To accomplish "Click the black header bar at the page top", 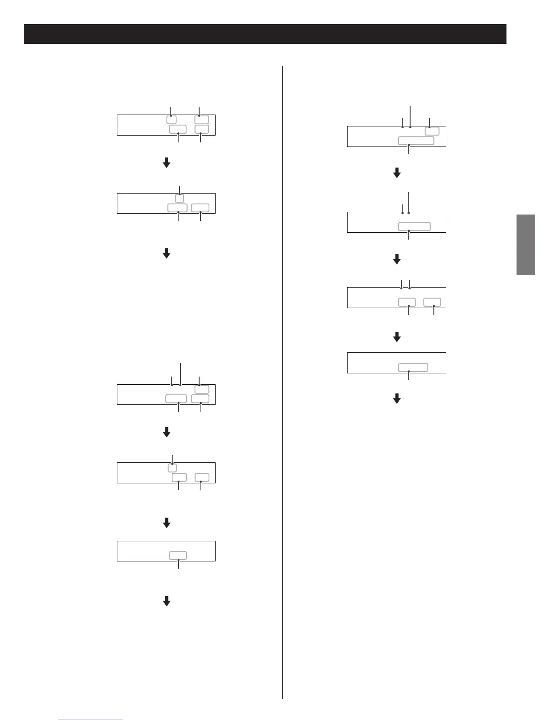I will click(x=265, y=34).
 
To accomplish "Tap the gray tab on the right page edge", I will click(x=526, y=245).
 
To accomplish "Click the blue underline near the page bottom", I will click(x=90, y=719).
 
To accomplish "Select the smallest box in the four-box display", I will click(x=171, y=120).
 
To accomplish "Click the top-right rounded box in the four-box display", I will click(x=201, y=120).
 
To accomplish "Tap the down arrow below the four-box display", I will click(x=167, y=162).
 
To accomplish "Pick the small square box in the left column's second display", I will click(x=179, y=199).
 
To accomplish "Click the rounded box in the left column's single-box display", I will click(x=178, y=555).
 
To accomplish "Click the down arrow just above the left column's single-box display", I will click(x=167, y=523).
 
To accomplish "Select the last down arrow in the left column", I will click(x=167, y=601).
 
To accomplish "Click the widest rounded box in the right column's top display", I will click(x=416, y=141).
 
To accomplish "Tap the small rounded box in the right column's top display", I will click(x=432, y=131).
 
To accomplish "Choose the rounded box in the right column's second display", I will click(x=414, y=226).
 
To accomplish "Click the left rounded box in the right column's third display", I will click(x=407, y=302).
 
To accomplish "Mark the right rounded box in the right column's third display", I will click(x=432, y=302).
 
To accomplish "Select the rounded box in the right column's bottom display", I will click(x=413, y=367).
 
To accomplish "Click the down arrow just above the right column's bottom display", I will click(x=397, y=337).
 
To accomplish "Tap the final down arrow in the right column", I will click(x=397, y=399).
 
